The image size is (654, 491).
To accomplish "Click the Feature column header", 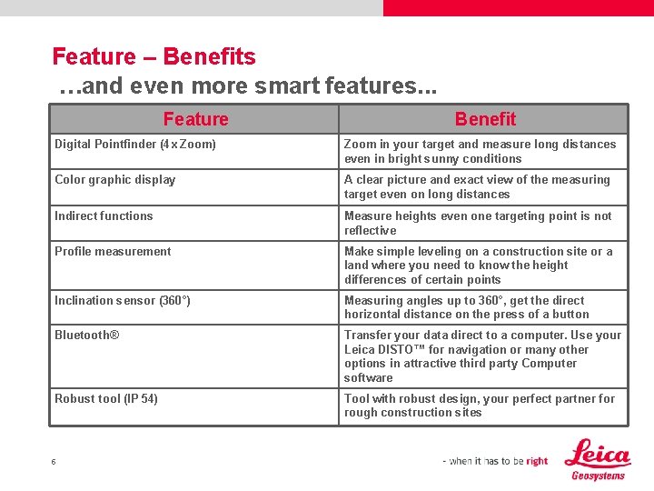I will coord(195,119).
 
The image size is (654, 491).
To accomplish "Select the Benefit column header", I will coord(485,119).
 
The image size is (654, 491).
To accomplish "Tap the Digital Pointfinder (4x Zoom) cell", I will coord(135,144).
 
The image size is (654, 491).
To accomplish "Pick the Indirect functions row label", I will coord(104,215).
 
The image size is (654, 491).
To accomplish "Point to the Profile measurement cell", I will coord(113,251).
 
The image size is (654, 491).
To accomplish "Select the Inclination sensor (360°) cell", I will coord(123,300).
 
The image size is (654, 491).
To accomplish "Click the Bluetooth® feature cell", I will coord(87,335).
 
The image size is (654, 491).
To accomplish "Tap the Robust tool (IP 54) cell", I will coord(106,398).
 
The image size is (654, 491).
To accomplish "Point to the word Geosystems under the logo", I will coord(598,476).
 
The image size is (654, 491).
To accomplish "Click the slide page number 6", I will coord(54,462).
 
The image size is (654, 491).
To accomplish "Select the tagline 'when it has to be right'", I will coord(495,461).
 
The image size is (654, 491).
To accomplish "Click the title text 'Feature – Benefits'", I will coord(154,56).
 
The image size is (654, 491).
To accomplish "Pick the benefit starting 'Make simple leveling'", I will coord(478,266).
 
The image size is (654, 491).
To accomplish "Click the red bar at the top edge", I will coord(518,7).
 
